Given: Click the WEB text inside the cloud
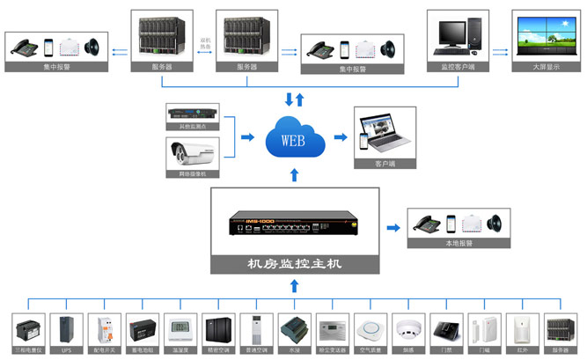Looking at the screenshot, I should point(293,140).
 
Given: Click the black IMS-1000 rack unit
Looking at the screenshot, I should point(294,222).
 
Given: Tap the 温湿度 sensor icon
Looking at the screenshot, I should point(180,329).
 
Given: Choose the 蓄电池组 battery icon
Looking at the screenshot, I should point(142,329).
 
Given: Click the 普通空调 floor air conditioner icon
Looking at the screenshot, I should point(255,329).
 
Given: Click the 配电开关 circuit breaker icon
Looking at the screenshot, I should point(105,329).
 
